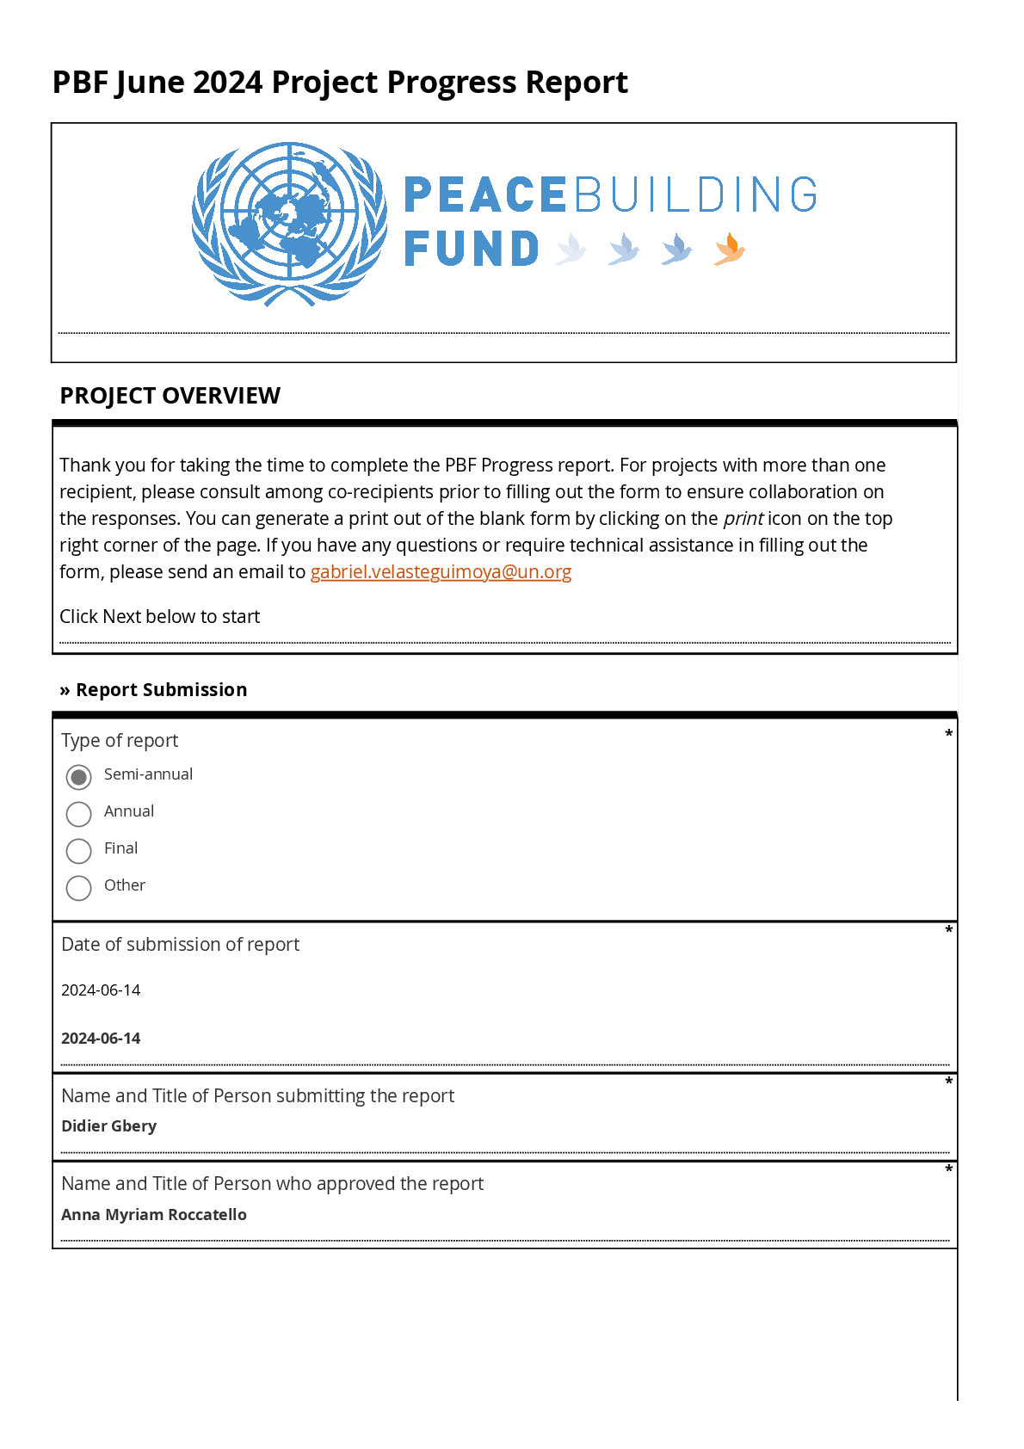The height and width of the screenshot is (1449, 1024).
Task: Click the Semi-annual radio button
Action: (x=78, y=777)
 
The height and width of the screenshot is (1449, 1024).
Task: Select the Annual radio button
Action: (x=78, y=814)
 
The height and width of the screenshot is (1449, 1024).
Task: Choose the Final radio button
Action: (x=78, y=851)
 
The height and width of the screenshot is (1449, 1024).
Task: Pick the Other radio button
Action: (x=78, y=888)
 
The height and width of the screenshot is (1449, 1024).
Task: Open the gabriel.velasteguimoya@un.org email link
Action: (x=441, y=572)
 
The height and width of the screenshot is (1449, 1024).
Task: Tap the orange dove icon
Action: (x=729, y=249)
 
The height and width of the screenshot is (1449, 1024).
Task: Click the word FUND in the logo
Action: (x=472, y=250)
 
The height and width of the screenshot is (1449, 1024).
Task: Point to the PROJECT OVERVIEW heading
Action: (x=170, y=396)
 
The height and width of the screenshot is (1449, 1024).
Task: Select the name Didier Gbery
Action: (x=109, y=1126)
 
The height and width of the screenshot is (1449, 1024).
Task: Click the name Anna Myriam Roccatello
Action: (x=154, y=1215)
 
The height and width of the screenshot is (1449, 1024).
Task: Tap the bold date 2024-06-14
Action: (x=101, y=1039)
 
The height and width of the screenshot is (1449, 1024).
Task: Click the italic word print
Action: (x=743, y=519)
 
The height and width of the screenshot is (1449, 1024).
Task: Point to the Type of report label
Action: (x=120, y=741)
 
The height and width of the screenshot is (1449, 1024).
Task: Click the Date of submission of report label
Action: (x=181, y=945)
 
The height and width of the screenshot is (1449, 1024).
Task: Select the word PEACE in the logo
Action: (x=484, y=194)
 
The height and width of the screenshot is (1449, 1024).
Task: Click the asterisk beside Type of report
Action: (x=948, y=734)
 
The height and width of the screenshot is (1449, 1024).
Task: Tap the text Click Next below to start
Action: (x=160, y=617)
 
